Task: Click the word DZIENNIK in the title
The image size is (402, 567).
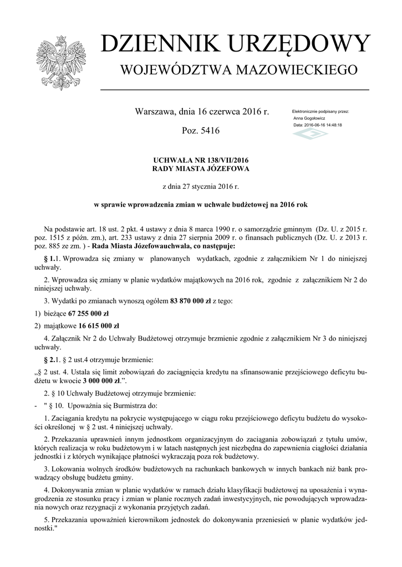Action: point(156,44)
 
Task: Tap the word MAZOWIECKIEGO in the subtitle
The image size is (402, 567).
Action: point(298,70)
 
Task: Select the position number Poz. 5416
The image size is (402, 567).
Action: point(201,131)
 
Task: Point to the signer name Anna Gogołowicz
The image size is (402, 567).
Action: point(309,118)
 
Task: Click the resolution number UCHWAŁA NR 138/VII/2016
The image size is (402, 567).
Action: point(201,160)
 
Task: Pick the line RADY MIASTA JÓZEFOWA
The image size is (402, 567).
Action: point(201,168)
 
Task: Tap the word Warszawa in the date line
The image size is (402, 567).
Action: point(154,112)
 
